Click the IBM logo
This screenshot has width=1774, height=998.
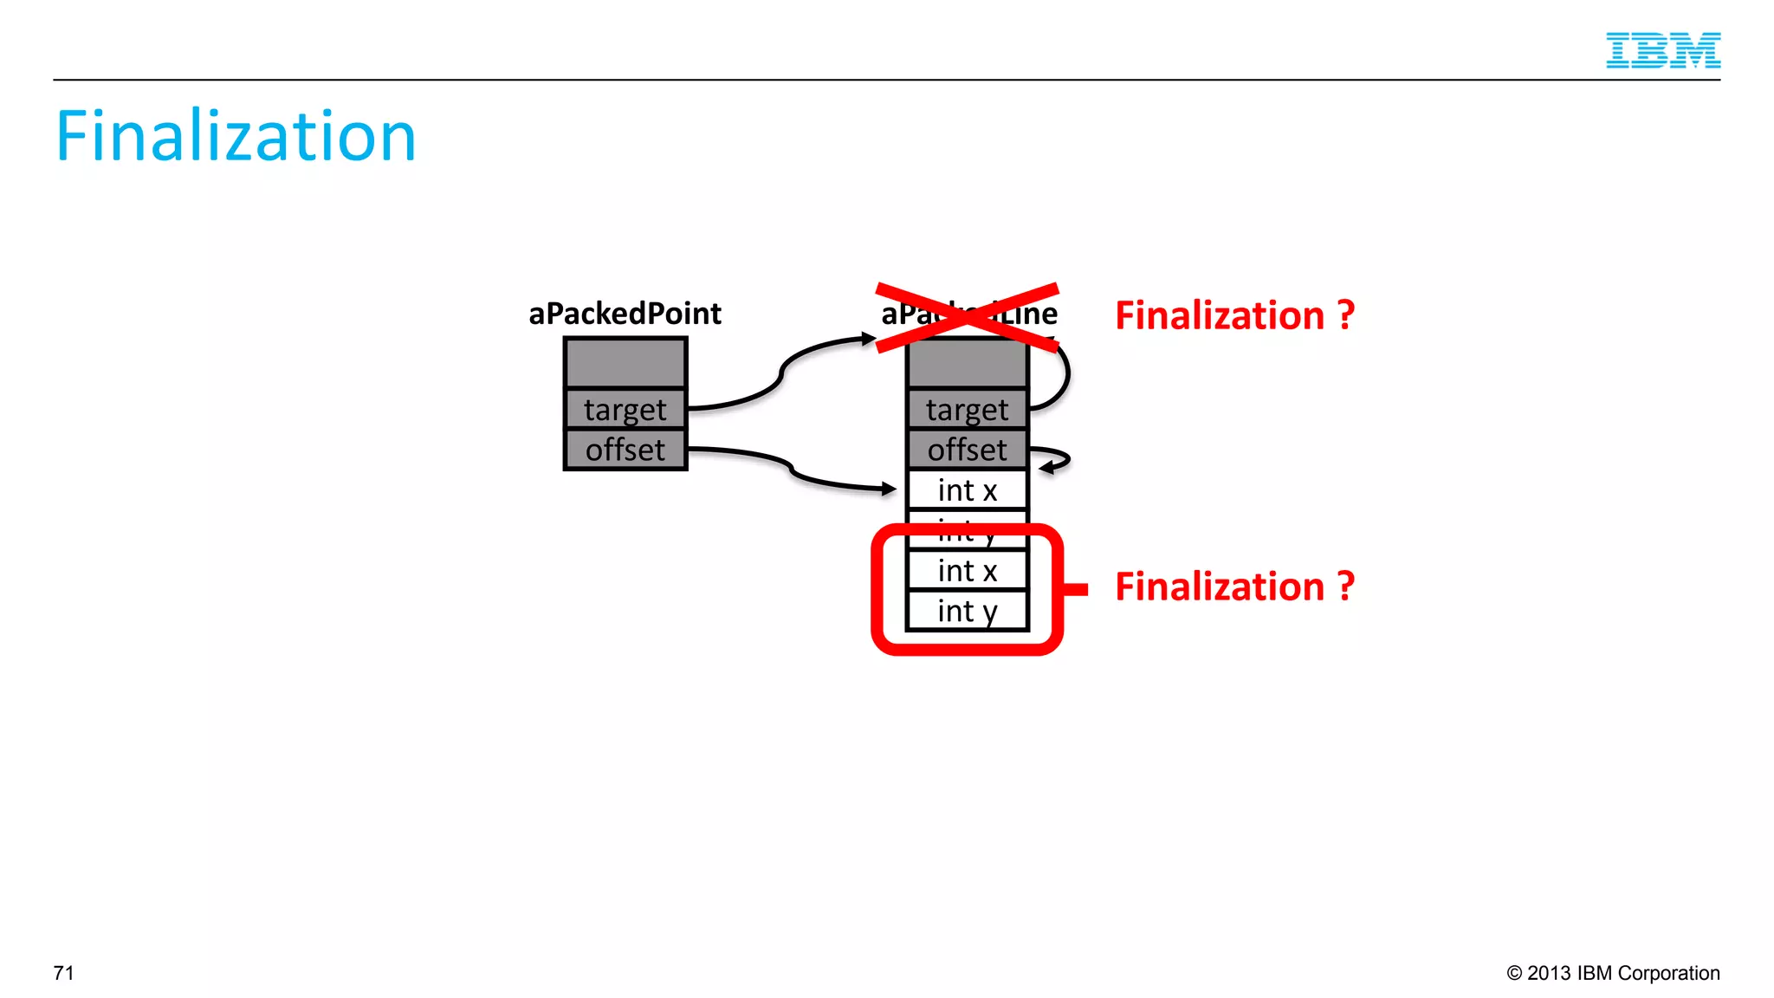click(x=1662, y=50)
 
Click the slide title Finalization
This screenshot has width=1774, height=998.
click(x=236, y=136)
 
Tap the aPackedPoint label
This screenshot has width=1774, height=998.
click(x=625, y=314)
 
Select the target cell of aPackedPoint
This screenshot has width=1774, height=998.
click(x=625, y=409)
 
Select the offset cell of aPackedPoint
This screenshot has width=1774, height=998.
click(x=625, y=450)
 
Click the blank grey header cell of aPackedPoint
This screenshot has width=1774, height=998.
click(x=625, y=363)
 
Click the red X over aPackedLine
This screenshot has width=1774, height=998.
click(x=967, y=317)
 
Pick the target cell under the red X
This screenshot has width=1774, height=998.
click(x=967, y=409)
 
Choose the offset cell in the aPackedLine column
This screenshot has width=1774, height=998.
click(x=967, y=450)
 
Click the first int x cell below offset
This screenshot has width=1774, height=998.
click(x=967, y=490)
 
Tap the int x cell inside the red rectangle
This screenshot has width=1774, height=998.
click(x=967, y=571)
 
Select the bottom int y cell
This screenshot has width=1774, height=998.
click(x=967, y=612)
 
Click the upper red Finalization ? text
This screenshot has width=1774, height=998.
click(x=1234, y=315)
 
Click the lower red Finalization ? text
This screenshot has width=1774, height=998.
click(x=1234, y=586)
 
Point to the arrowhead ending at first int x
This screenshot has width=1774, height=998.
click(x=890, y=489)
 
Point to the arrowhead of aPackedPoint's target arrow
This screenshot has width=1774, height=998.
click(x=869, y=339)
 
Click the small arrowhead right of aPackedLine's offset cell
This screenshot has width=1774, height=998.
click(x=1047, y=468)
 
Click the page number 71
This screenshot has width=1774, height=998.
click(x=63, y=973)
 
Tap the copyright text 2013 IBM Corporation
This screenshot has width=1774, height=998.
click(x=1613, y=973)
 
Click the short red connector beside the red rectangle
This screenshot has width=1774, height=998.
click(x=1075, y=589)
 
